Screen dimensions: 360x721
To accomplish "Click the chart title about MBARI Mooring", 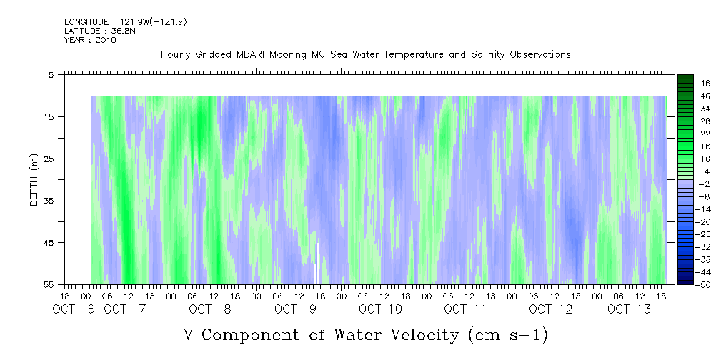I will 365,55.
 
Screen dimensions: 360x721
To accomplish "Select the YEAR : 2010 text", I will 90,40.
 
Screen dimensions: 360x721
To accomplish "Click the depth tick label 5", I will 51,75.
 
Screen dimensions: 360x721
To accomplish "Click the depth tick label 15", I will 49,116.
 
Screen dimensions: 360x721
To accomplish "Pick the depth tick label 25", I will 49,159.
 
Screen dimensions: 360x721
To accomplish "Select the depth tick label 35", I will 49,201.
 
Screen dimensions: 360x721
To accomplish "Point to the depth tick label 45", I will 49,243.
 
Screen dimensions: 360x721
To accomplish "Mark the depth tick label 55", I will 49,285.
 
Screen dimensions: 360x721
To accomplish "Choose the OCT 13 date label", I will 630,309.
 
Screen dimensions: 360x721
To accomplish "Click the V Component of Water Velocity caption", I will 365,334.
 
